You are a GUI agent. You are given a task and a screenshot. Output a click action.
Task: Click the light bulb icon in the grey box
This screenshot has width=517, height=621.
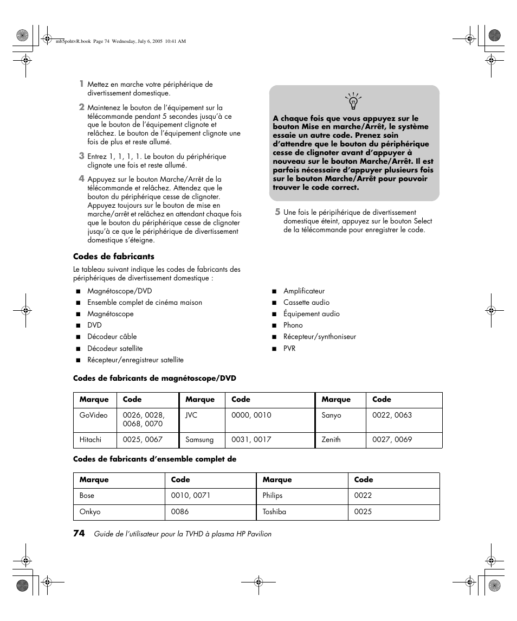pos(353,101)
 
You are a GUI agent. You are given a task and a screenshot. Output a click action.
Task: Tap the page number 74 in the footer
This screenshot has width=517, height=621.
pos(79,534)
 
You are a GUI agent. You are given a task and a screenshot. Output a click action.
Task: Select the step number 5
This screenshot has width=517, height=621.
pos(277,212)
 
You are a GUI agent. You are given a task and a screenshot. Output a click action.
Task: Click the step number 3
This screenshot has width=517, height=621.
pos(81,156)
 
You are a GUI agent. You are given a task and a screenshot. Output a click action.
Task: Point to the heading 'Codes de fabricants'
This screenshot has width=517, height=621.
pos(114,257)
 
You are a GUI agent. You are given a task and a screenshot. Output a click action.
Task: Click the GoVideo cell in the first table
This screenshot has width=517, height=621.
pos(94,415)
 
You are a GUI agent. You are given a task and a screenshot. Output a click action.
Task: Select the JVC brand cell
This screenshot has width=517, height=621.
pos(191,415)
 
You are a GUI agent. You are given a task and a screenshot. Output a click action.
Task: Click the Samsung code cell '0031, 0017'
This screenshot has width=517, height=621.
pos(251,439)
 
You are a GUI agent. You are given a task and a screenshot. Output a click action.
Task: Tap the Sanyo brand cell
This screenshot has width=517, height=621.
pos(332,415)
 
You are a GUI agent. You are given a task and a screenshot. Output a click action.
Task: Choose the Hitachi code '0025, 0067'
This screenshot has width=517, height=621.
pos(139,439)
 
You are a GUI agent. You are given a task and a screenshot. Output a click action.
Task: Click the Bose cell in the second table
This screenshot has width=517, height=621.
pos(87,495)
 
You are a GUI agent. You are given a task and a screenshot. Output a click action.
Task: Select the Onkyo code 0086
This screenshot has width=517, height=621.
pos(180,511)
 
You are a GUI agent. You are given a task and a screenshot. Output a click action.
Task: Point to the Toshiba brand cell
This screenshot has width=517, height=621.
pos(274,511)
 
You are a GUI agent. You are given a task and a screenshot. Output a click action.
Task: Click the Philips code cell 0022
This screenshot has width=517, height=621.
pos(363,495)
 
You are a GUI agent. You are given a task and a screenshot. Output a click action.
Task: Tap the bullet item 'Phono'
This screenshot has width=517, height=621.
pos(293,325)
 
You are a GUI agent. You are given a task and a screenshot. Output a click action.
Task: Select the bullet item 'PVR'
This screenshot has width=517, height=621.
pos(289,349)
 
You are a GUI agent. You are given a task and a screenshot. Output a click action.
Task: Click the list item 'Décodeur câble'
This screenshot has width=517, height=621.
pos(112,337)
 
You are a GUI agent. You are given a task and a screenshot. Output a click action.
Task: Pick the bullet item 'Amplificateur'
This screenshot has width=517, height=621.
pos(304,291)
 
